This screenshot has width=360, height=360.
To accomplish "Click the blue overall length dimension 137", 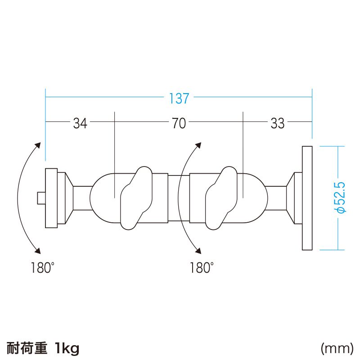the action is [x=179, y=98].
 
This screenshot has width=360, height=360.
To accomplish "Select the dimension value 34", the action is [x=80, y=123].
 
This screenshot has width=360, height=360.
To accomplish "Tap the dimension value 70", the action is [x=179, y=123].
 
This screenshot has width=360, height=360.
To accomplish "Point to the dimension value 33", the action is [x=278, y=123].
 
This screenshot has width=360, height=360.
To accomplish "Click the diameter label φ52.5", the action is [x=341, y=198].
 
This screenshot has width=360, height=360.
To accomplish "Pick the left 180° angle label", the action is [x=43, y=267].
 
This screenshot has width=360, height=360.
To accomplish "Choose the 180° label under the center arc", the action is [x=202, y=267].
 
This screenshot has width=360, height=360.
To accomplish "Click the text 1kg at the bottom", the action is [x=67, y=348].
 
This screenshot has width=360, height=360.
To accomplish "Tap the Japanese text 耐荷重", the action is [x=27, y=348].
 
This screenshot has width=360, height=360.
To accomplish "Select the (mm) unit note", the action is [x=337, y=349].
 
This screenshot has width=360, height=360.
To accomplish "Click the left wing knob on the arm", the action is [x=136, y=198].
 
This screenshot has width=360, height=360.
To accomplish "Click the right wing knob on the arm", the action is [x=221, y=198].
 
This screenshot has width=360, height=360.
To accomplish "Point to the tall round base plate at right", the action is [x=307, y=198].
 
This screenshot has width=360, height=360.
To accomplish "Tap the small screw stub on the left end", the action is [x=41, y=198].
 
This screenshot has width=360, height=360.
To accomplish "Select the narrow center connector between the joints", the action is [x=179, y=198].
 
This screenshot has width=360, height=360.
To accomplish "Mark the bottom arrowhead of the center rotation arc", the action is [x=198, y=251].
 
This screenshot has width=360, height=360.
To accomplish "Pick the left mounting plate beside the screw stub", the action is [x=51, y=198].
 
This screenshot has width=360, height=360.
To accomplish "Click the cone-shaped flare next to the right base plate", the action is [x=290, y=198].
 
